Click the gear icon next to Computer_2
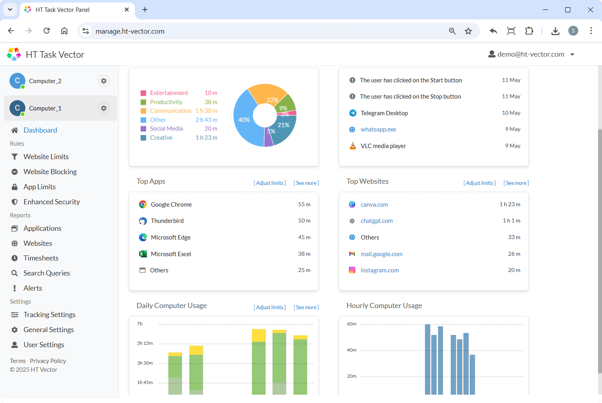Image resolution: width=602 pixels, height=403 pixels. tap(104, 81)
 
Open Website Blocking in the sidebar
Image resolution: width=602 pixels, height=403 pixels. tap(50, 172)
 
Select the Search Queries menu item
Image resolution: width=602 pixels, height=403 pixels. tap(46, 273)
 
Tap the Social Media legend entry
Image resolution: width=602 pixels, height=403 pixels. tap(166, 129)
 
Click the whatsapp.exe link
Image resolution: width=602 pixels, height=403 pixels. tap(378, 129)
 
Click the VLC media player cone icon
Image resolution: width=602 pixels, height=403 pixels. tap(352, 146)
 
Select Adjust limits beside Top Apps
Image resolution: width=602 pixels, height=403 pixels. tap(270, 183)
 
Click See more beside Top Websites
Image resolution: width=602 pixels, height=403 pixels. tap(516, 183)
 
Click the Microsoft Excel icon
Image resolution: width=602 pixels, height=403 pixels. tap(143, 254)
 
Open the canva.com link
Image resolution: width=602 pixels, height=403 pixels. tap(374, 205)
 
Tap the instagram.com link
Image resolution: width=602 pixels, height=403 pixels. tap(379, 270)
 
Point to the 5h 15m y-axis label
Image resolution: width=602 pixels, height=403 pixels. tap(145, 343)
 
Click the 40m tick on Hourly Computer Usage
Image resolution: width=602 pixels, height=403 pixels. tap(352, 350)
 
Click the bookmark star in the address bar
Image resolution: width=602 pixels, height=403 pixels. tap(468, 31)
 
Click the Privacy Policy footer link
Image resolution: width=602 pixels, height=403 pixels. tap(48, 361)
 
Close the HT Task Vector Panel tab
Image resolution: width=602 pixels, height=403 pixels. tap(127, 10)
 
